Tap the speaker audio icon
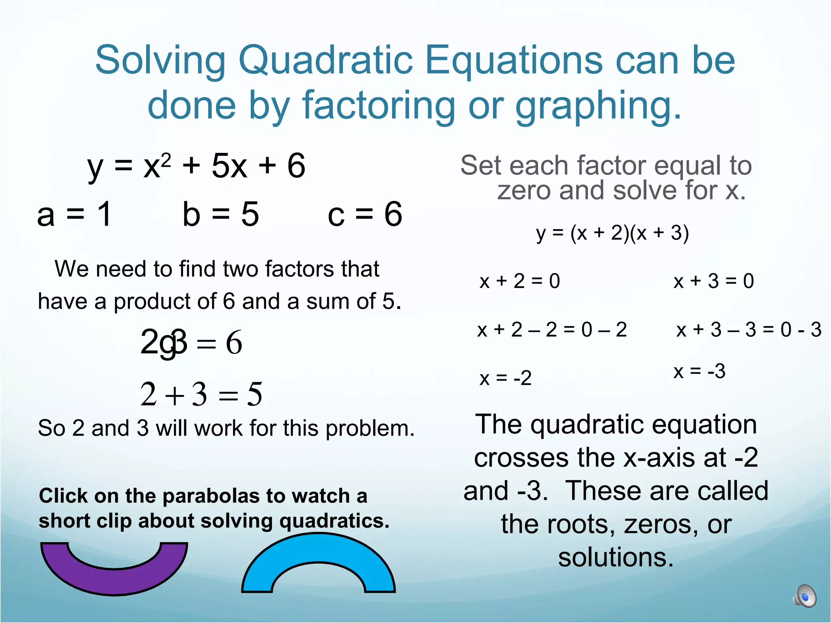tap(805, 596)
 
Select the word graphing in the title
tap(598, 105)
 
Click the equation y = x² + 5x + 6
tap(196, 166)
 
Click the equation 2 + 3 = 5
tap(201, 394)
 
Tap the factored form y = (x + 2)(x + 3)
tap(612, 233)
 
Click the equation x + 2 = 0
tap(519, 281)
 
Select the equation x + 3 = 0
tap(713, 281)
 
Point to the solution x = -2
tap(505, 378)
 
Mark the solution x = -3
tap(699, 371)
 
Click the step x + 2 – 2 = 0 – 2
tap(552, 330)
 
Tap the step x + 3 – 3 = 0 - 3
tap(749, 330)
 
